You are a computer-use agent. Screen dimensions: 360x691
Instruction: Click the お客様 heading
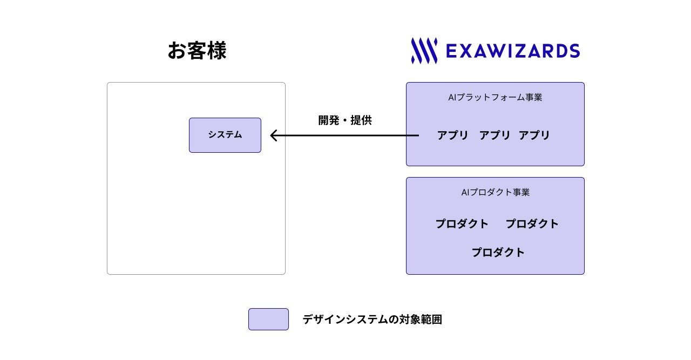coord(197,51)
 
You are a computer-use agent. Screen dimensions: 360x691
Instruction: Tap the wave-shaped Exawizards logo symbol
coord(424,51)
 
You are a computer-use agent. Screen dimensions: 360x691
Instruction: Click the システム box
coord(225,135)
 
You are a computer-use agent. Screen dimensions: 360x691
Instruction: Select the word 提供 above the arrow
coord(361,120)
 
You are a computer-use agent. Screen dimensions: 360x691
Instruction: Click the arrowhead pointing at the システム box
coord(273,135)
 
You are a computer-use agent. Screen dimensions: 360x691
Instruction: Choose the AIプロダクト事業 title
coord(495,192)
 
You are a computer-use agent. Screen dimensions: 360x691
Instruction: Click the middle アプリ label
coord(494,135)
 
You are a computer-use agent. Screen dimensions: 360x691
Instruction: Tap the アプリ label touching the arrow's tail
coord(452,135)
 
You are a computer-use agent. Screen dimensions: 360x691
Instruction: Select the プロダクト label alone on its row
coord(498,253)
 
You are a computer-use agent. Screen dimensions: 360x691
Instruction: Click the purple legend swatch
coord(268,319)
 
